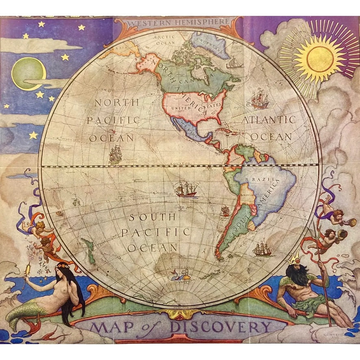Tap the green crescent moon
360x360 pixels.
tap(28, 74)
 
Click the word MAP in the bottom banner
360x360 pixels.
tap(108, 327)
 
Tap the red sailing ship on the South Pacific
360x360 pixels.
tap(187, 189)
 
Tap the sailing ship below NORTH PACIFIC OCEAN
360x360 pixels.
tap(115, 154)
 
